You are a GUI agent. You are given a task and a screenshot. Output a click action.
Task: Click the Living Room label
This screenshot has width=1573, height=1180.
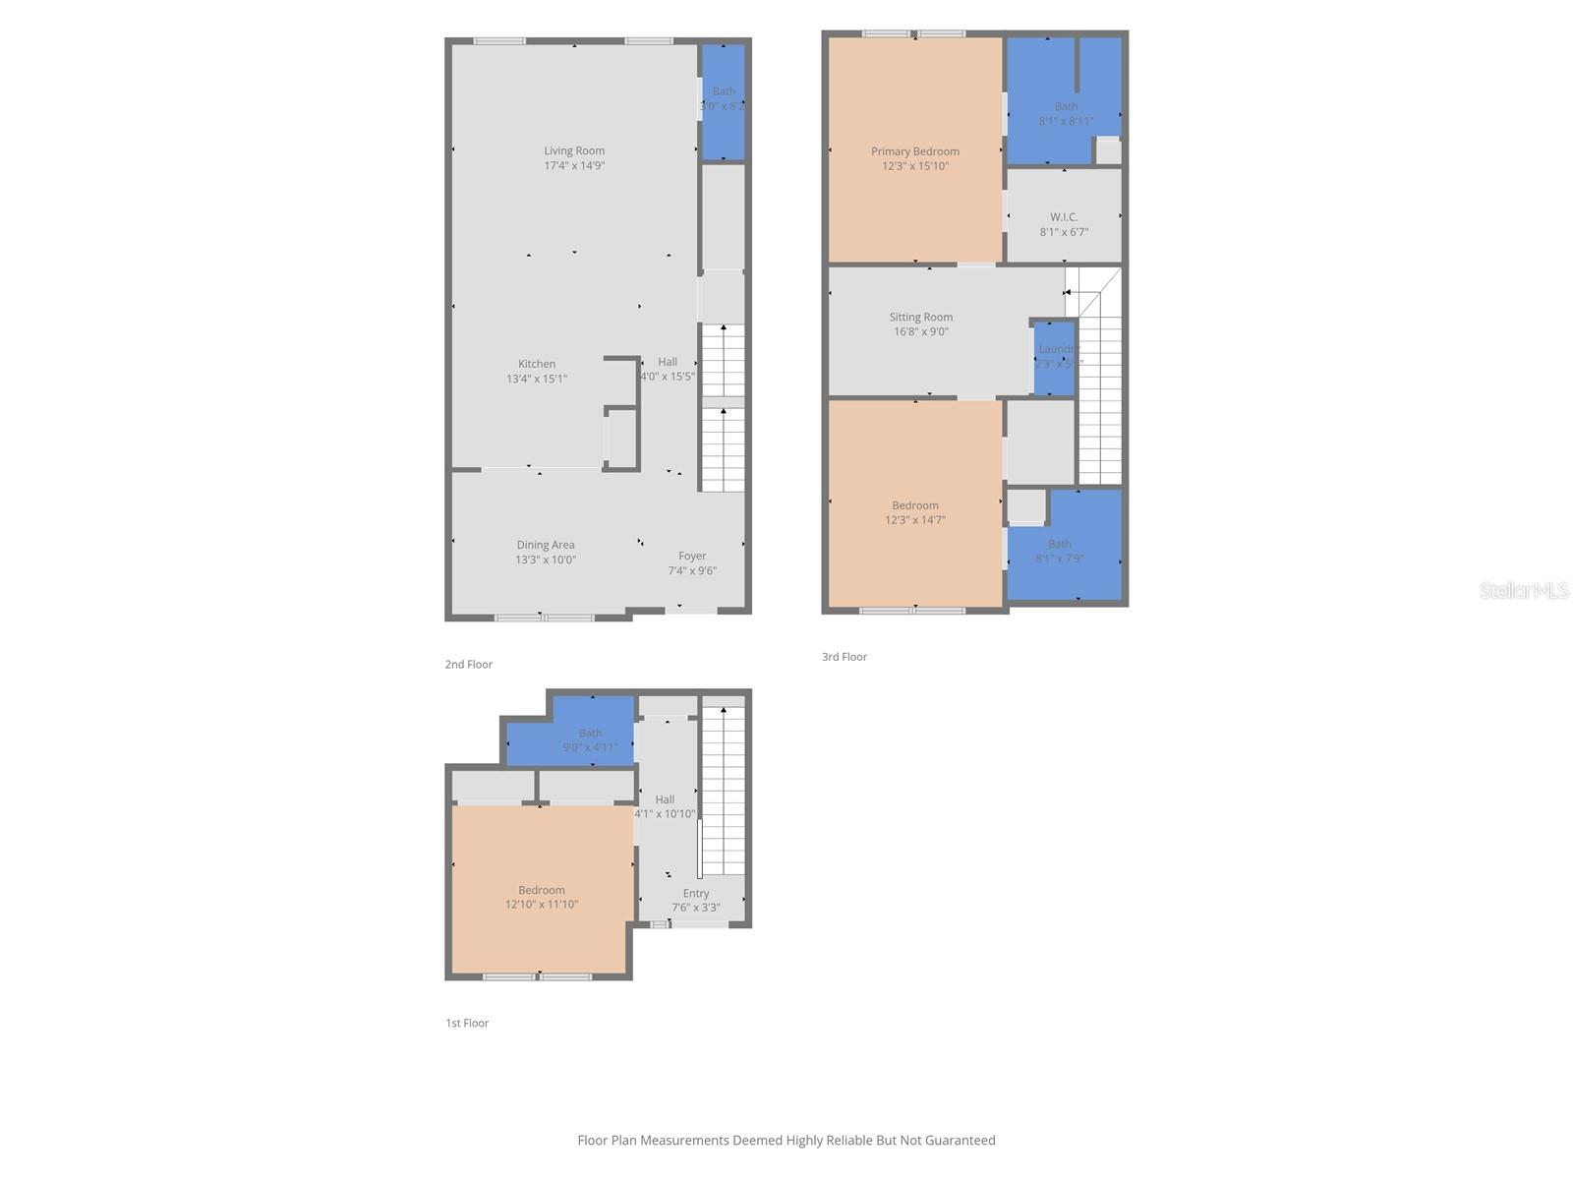point(574,150)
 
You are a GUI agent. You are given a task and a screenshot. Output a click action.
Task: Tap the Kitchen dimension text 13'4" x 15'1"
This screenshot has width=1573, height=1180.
point(537,379)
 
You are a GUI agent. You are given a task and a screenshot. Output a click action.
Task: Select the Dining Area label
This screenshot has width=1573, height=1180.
point(546,545)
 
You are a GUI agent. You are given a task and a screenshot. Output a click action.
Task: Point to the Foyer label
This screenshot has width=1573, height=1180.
point(692,556)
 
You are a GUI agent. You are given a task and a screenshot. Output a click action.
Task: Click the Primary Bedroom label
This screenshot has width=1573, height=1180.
point(914,151)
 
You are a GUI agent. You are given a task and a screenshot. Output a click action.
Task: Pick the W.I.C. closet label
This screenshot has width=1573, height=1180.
point(1064,217)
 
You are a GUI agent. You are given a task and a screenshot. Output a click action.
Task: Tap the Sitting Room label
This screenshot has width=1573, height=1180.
point(920,317)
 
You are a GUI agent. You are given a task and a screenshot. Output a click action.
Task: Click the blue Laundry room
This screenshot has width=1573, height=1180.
point(1054,357)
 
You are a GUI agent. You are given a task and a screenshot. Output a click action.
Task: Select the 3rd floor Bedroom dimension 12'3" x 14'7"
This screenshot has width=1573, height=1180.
point(914,520)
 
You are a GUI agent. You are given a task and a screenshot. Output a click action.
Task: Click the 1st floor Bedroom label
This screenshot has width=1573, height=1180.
point(542,890)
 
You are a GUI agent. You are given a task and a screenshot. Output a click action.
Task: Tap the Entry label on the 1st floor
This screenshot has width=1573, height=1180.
point(696,894)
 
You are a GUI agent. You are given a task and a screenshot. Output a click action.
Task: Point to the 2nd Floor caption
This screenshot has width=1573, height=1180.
point(469,665)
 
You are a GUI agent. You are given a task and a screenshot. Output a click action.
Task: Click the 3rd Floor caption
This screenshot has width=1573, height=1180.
point(845,657)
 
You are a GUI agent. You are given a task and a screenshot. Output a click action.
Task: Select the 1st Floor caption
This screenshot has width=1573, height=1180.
point(467,1023)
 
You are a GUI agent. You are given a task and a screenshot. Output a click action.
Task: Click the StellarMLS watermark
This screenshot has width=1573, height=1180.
point(1524,590)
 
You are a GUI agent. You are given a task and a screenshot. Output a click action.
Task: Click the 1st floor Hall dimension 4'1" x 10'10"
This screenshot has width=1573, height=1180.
point(665,814)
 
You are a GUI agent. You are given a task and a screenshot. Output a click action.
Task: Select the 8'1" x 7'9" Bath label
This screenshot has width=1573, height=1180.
point(1060,544)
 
